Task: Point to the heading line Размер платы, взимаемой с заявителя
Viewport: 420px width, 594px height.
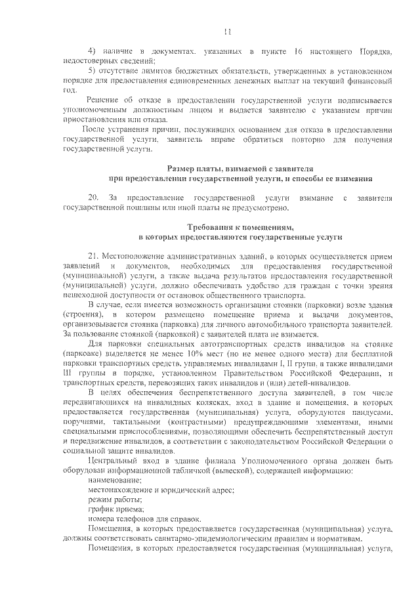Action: point(240,169)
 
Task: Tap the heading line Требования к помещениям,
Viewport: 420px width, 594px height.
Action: point(240,226)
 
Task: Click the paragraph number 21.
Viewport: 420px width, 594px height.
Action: point(93,255)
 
